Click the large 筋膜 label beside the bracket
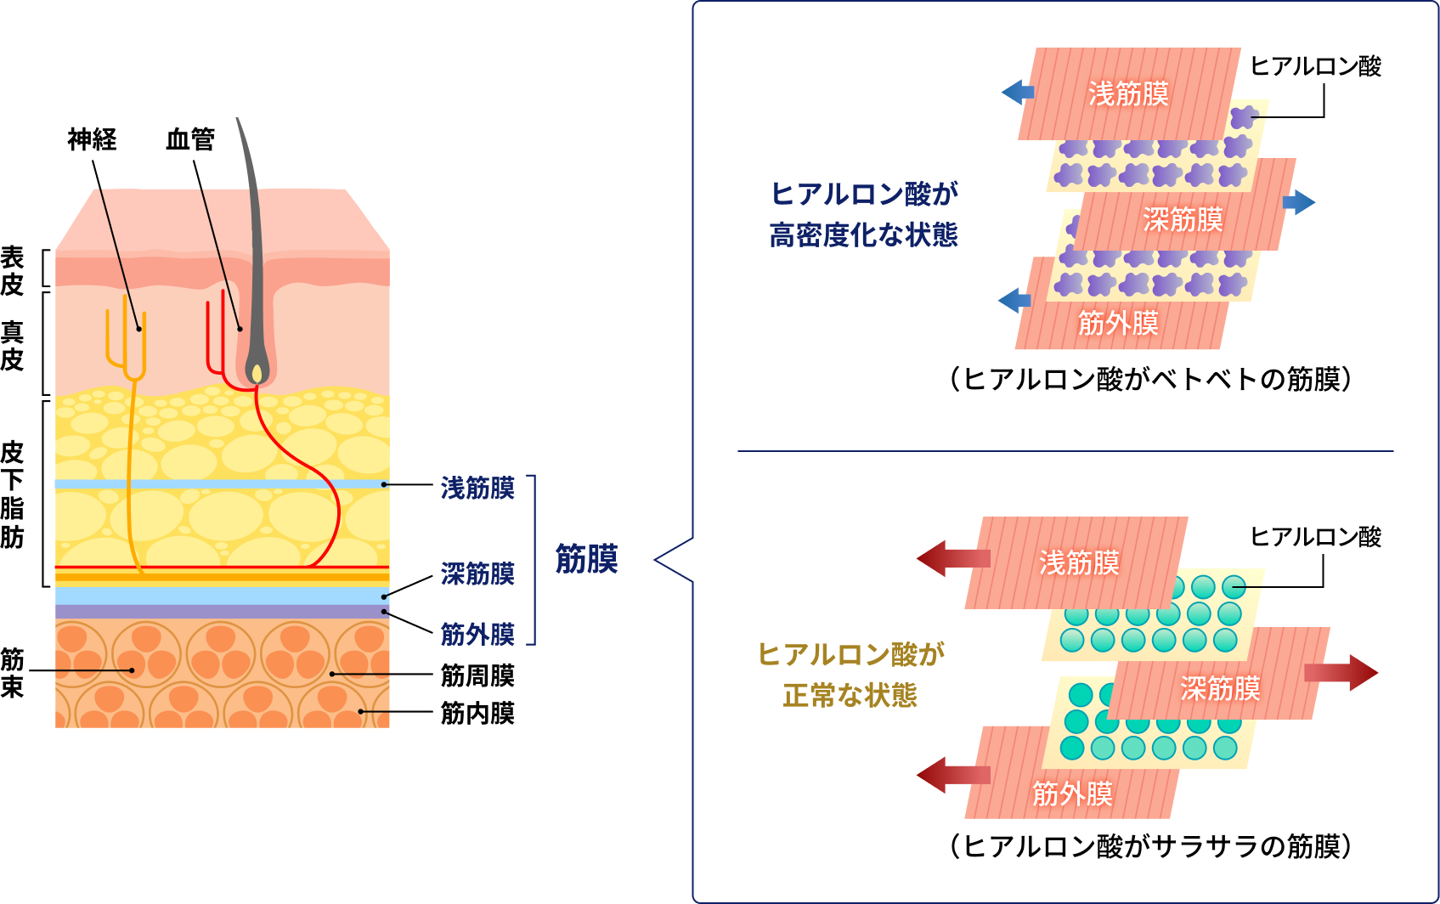586,559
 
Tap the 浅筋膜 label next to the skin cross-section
477,488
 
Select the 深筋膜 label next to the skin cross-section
477,573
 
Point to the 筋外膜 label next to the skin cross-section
477,634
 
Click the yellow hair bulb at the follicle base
256,373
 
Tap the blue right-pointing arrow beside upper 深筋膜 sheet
1298,202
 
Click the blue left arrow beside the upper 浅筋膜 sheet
1017,92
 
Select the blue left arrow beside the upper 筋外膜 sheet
1014,300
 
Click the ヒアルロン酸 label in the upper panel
1315,66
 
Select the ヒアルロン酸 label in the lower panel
1315,537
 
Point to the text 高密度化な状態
863,234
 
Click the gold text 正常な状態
850,695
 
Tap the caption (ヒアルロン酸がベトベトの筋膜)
1150,379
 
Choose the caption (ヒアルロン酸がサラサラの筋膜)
1150,846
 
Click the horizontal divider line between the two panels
1065,451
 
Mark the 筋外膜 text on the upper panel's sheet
1118,323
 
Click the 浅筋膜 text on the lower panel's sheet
1079,562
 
